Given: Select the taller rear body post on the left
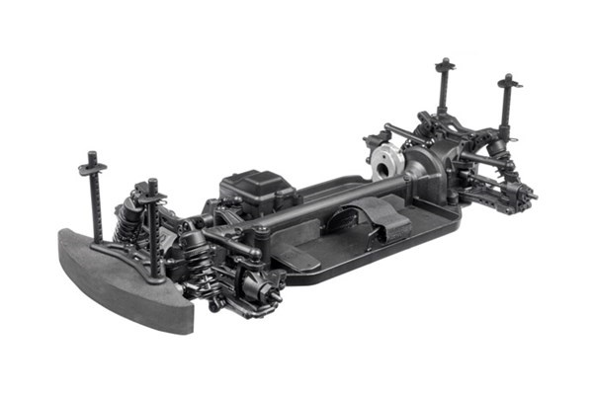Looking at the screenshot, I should click(443, 89).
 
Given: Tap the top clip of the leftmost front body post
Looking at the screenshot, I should click(93, 164).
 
